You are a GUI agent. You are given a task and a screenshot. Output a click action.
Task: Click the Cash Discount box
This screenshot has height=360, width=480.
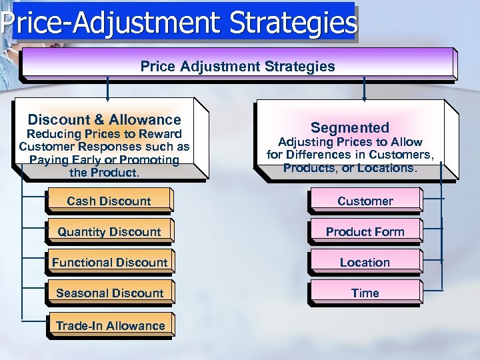pyautogui.click(x=109, y=201)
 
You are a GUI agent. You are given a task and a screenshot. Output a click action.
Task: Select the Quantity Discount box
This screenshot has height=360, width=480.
pyautogui.click(x=109, y=232)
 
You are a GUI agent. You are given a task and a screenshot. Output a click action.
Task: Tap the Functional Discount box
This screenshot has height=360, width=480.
pyautogui.click(x=109, y=263)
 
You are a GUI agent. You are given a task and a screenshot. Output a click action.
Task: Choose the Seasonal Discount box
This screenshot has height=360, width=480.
pyautogui.click(x=109, y=293)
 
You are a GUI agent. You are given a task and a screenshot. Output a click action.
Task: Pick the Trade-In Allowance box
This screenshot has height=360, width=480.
pyautogui.click(x=110, y=326)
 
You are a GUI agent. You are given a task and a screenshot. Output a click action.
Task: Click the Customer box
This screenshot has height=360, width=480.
pyautogui.click(x=365, y=201)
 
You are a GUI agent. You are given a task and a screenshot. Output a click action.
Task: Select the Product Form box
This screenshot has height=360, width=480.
pyautogui.click(x=365, y=232)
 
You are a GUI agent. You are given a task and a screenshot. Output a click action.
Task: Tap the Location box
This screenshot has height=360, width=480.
pyautogui.click(x=365, y=263)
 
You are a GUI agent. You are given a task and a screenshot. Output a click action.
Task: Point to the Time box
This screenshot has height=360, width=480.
pyautogui.click(x=365, y=293)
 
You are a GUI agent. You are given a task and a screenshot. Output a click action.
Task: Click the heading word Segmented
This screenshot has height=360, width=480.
pyautogui.click(x=350, y=127)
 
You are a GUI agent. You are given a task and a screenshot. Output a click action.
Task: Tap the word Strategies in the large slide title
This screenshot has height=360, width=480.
pyautogui.click(x=293, y=23)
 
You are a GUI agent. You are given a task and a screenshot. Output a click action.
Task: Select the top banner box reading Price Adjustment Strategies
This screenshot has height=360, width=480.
pyautogui.click(x=237, y=66)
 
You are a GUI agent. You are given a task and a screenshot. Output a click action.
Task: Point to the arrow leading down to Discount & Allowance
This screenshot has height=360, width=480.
pyautogui.click(x=107, y=89)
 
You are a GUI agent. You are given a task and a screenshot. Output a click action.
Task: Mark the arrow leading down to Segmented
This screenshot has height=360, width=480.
pyautogui.click(x=364, y=89)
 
